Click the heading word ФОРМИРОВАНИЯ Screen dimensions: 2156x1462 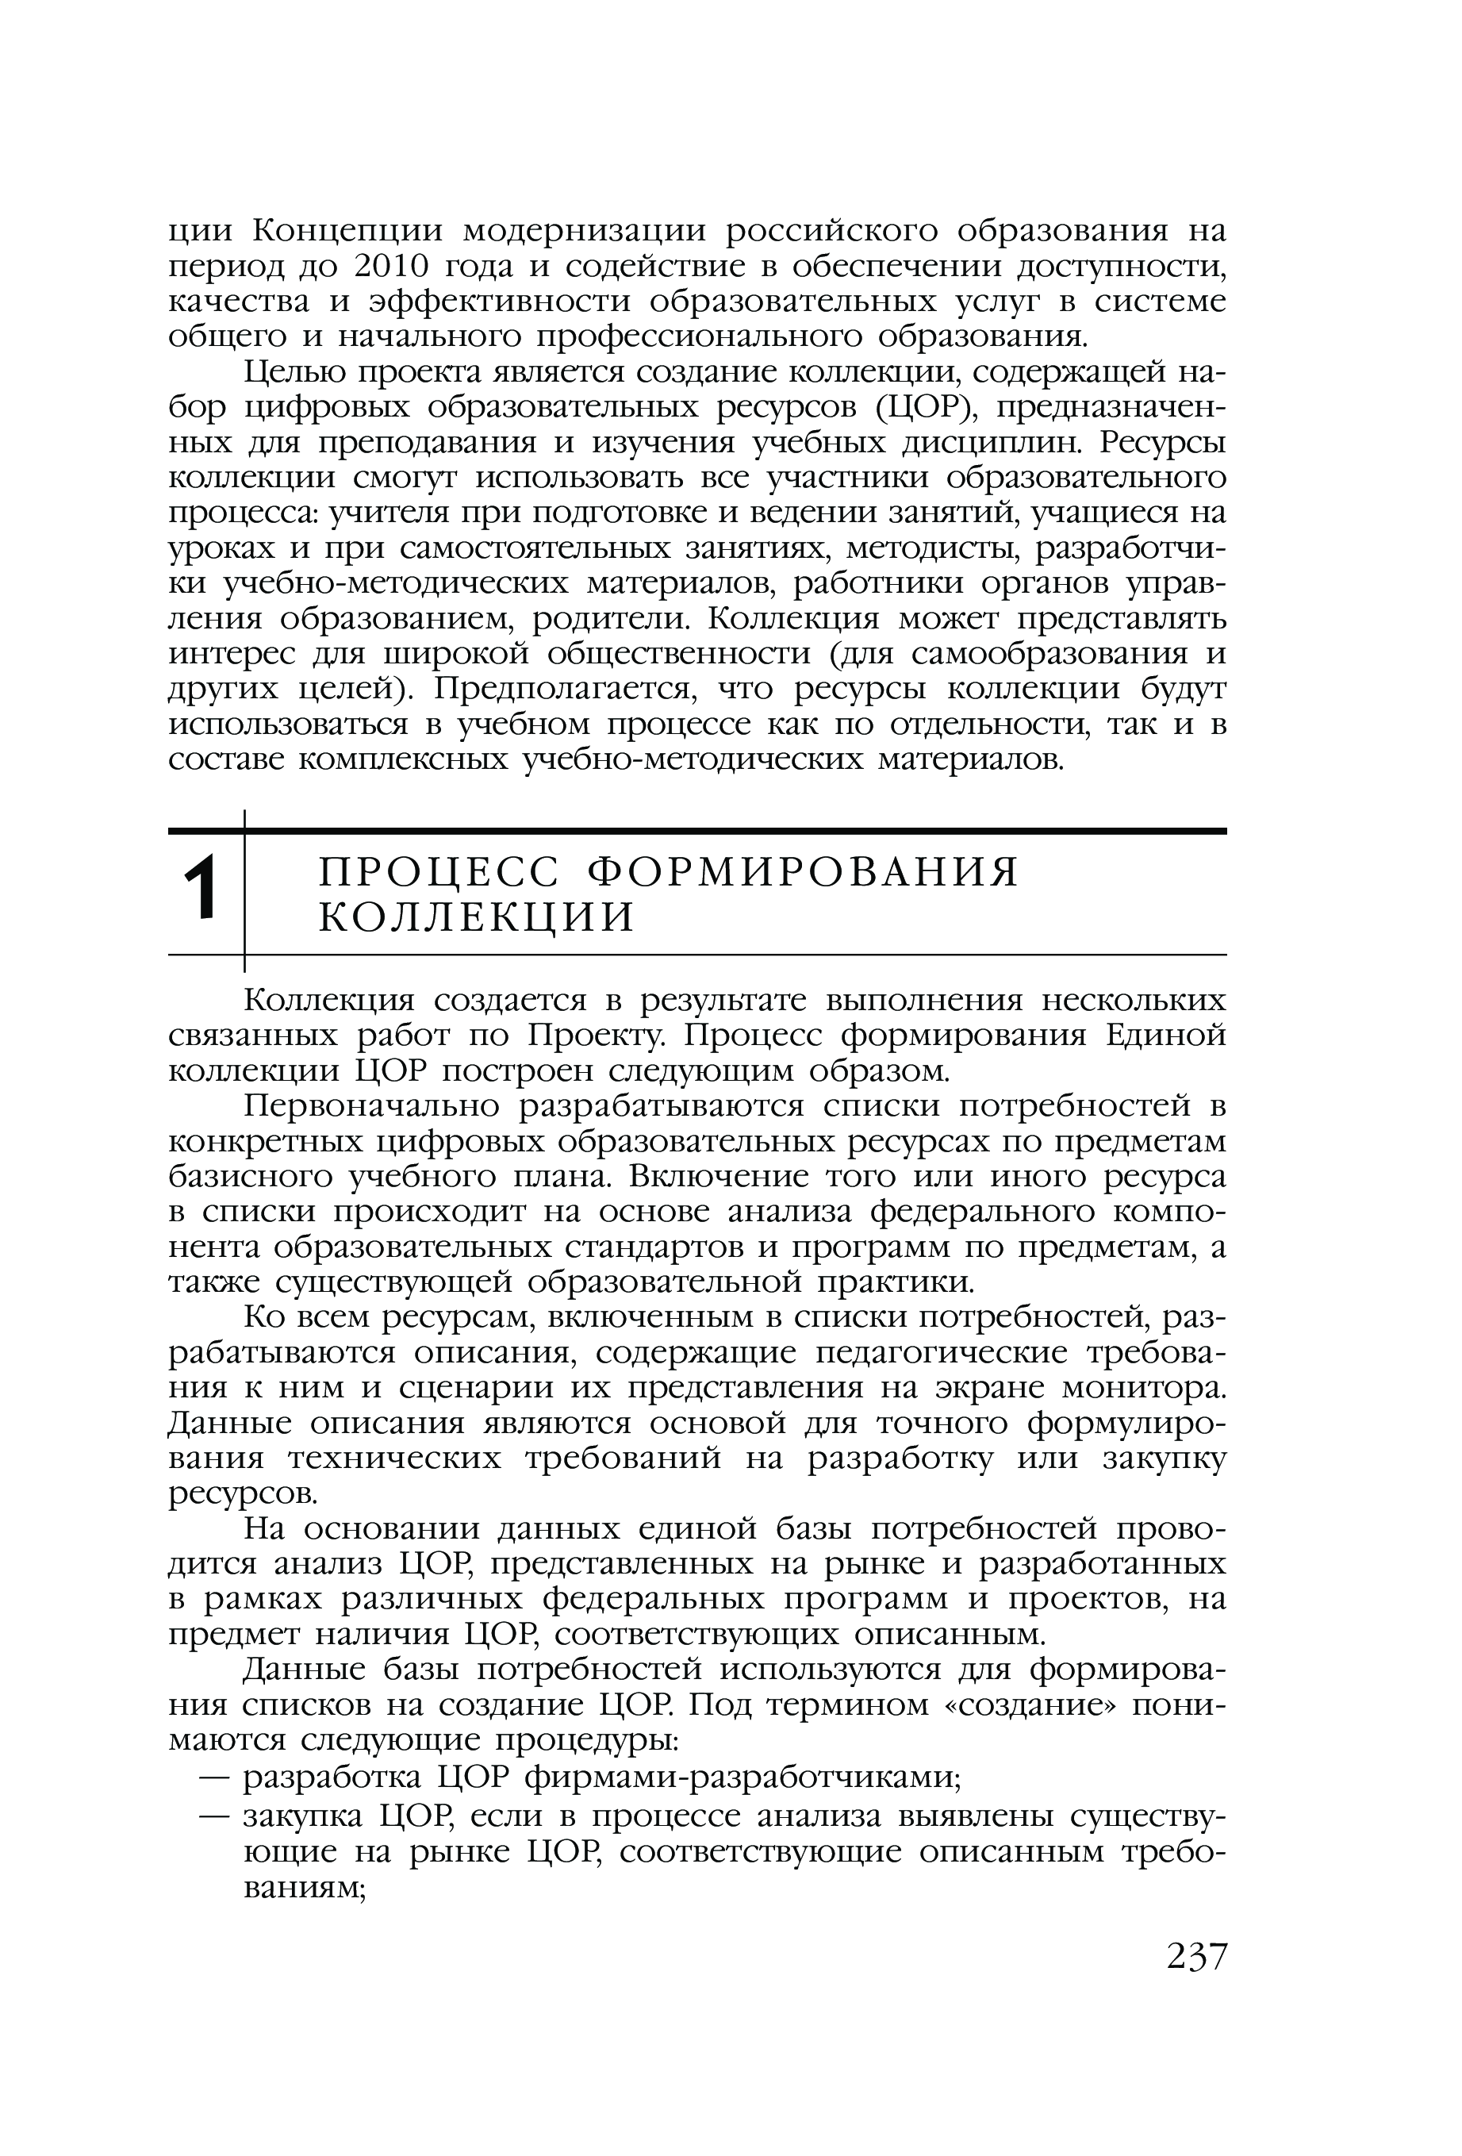pos(805,872)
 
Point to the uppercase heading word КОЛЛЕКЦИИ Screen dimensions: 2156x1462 pos(477,917)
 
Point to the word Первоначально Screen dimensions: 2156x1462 pos(372,1107)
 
